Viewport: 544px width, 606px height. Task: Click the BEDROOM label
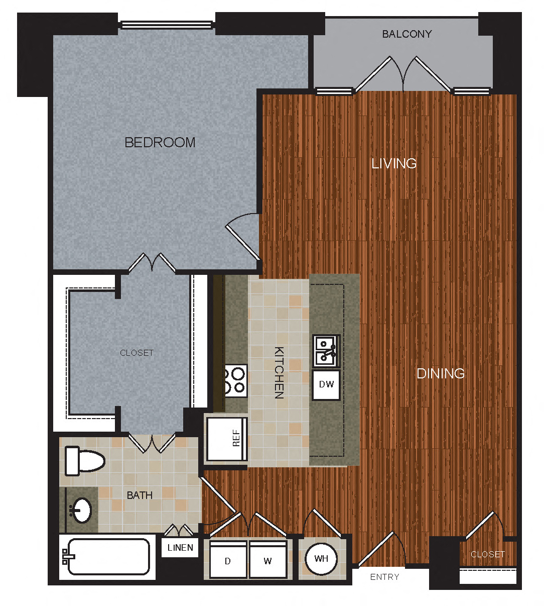pyautogui.click(x=160, y=143)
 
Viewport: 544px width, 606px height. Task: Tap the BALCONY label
pyautogui.click(x=406, y=34)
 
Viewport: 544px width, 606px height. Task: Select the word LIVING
pyautogui.click(x=394, y=163)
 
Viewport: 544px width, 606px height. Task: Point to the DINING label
pyautogui.click(x=441, y=373)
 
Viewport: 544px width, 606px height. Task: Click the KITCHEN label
pyautogui.click(x=279, y=372)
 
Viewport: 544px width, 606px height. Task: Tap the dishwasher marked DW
pyautogui.click(x=326, y=385)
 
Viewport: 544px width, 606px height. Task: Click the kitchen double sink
pyautogui.click(x=326, y=351)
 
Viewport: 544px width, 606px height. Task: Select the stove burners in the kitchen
pyautogui.click(x=235, y=380)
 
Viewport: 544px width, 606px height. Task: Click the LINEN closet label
pyautogui.click(x=180, y=548)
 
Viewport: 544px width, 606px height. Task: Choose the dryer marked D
pyautogui.click(x=228, y=560)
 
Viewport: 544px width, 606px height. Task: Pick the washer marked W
pyautogui.click(x=268, y=560)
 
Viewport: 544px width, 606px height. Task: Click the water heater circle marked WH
pyautogui.click(x=321, y=559)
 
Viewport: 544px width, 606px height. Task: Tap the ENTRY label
pyautogui.click(x=384, y=577)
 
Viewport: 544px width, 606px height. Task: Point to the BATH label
pyautogui.click(x=140, y=495)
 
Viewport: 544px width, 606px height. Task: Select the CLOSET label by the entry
pyautogui.click(x=487, y=554)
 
